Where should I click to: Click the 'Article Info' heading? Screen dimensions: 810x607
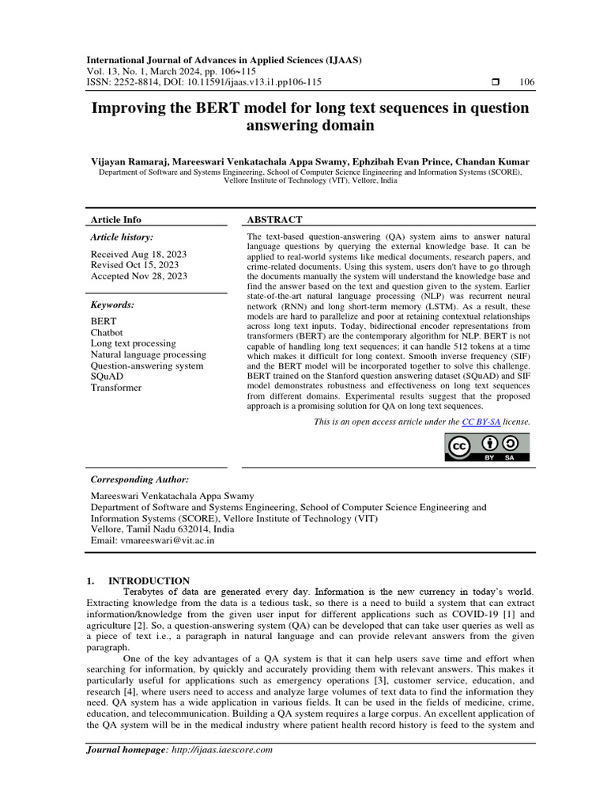[x=116, y=219]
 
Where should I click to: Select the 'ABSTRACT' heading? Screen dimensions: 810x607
[x=274, y=219]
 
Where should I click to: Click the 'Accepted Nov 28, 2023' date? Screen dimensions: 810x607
[x=139, y=276]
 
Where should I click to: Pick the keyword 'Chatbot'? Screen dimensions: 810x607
[x=107, y=333]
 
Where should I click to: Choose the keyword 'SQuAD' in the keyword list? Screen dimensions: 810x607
[x=106, y=377]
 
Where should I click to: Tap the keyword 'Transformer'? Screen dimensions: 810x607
[x=116, y=388]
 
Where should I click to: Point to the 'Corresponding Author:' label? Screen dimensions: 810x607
[x=140, y=479]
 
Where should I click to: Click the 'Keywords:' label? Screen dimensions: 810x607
[x=112, y=305]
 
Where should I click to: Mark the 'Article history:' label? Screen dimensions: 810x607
[x=122, y=237]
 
